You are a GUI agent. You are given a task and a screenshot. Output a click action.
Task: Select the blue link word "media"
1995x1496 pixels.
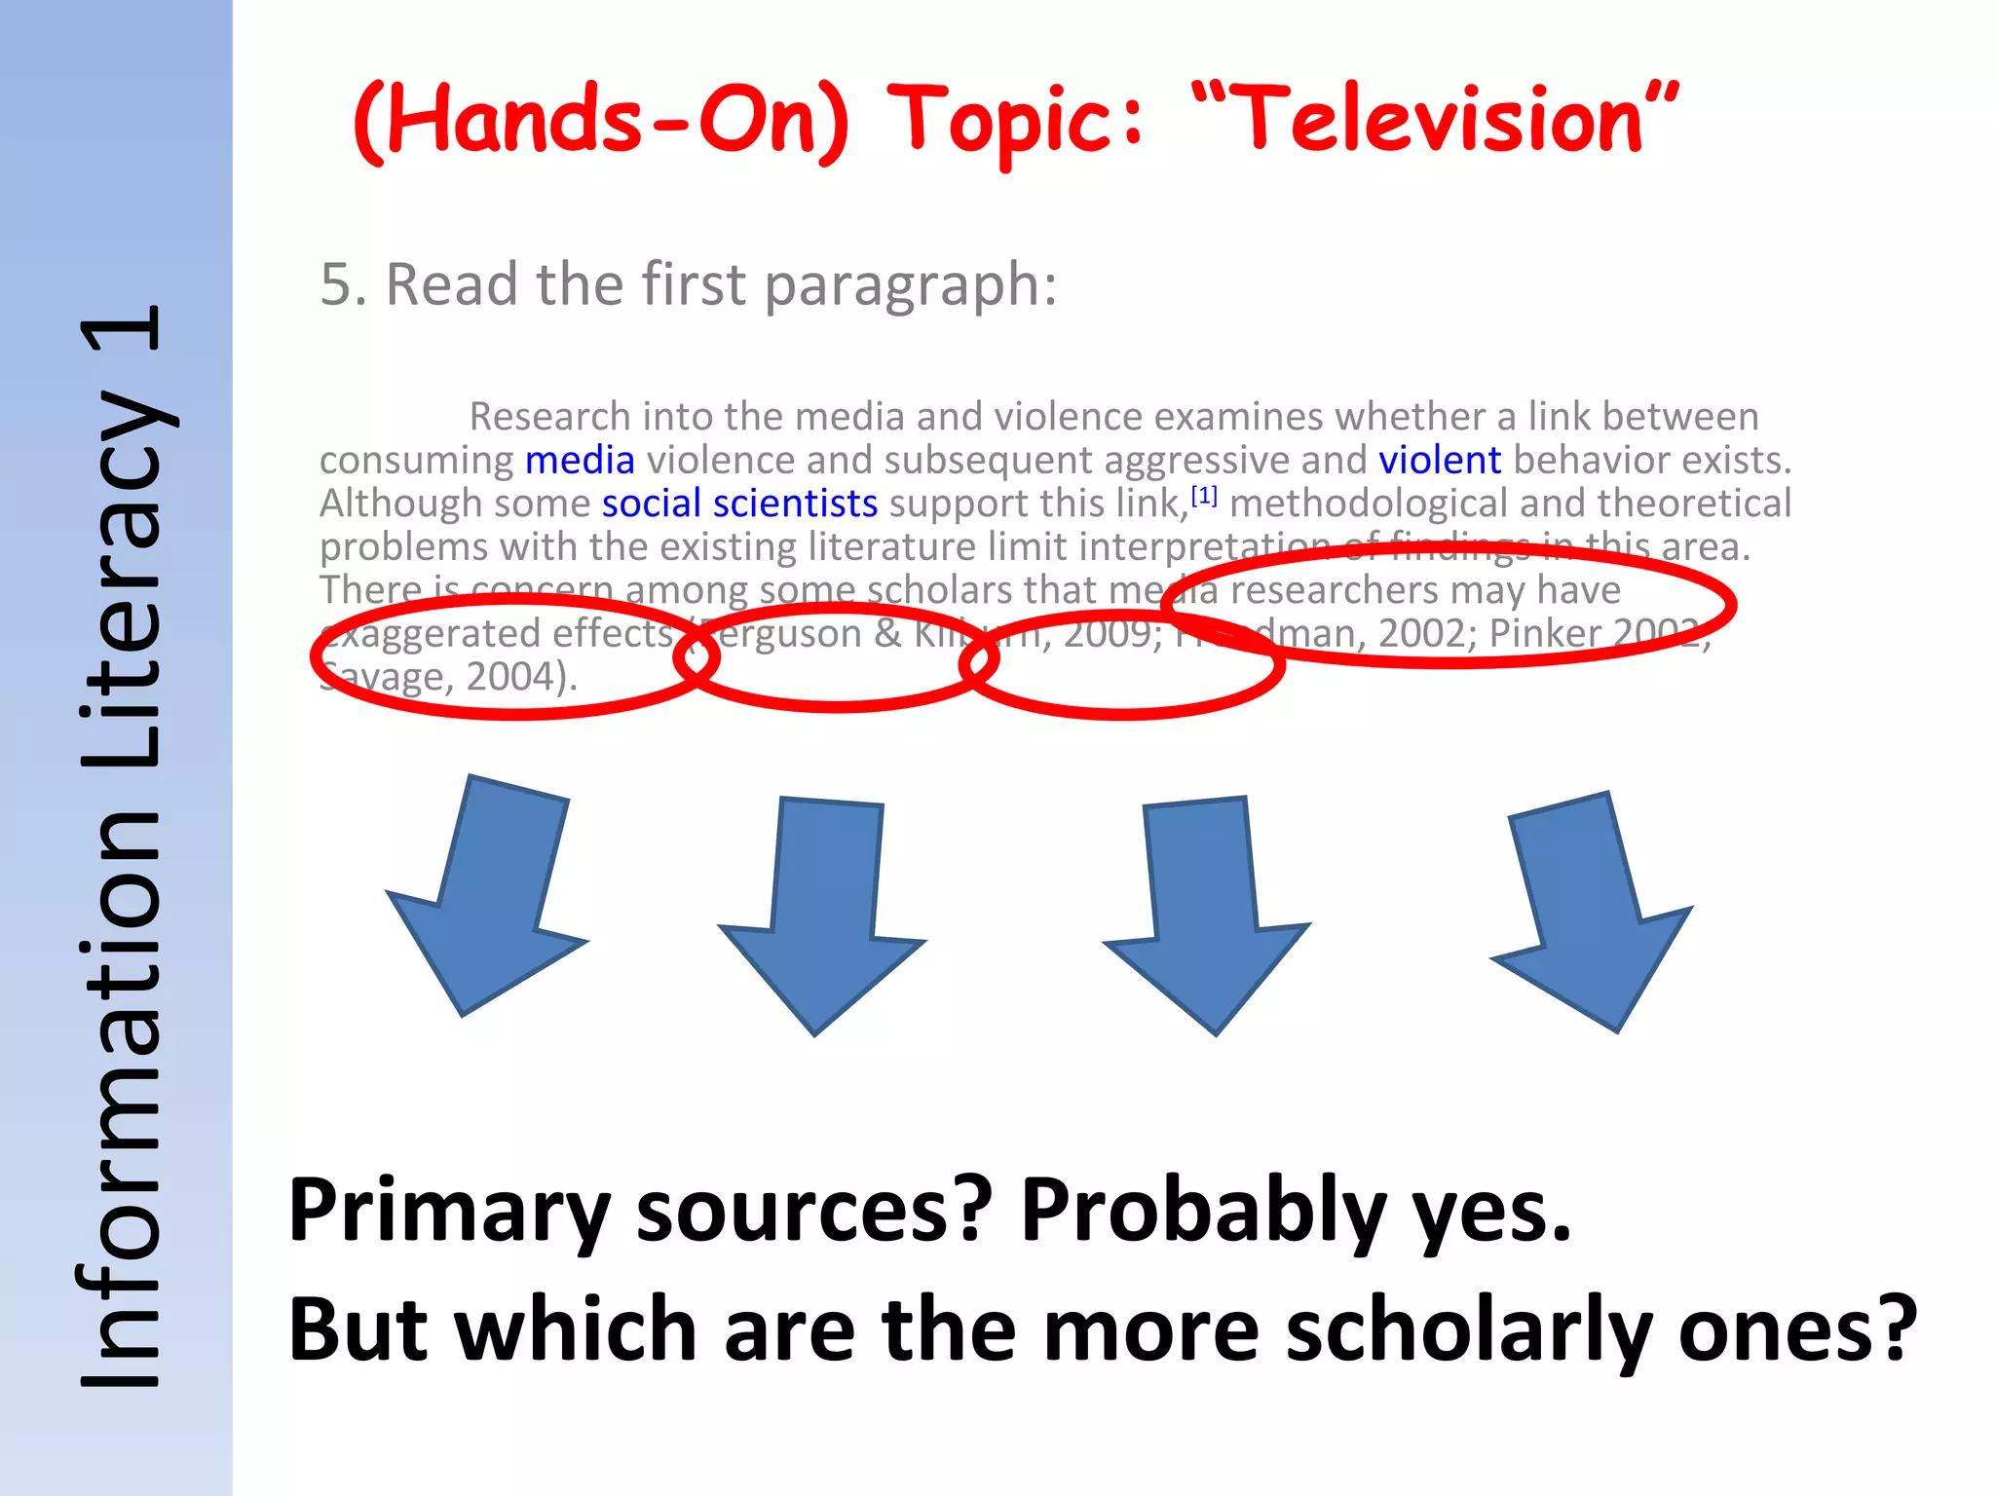click(x=580, y=460)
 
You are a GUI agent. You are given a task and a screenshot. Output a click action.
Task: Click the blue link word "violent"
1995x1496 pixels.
click(x=1439, y=460)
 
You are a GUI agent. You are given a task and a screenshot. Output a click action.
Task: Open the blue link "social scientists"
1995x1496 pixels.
click(x=739, y=504)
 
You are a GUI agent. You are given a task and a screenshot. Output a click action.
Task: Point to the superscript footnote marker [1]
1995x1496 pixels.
click(x=1204, y=496)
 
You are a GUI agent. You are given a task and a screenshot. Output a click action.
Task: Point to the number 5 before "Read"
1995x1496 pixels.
click(x=336, y=285)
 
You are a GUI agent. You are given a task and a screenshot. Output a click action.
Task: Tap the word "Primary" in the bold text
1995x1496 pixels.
click(x=449, y=1212)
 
